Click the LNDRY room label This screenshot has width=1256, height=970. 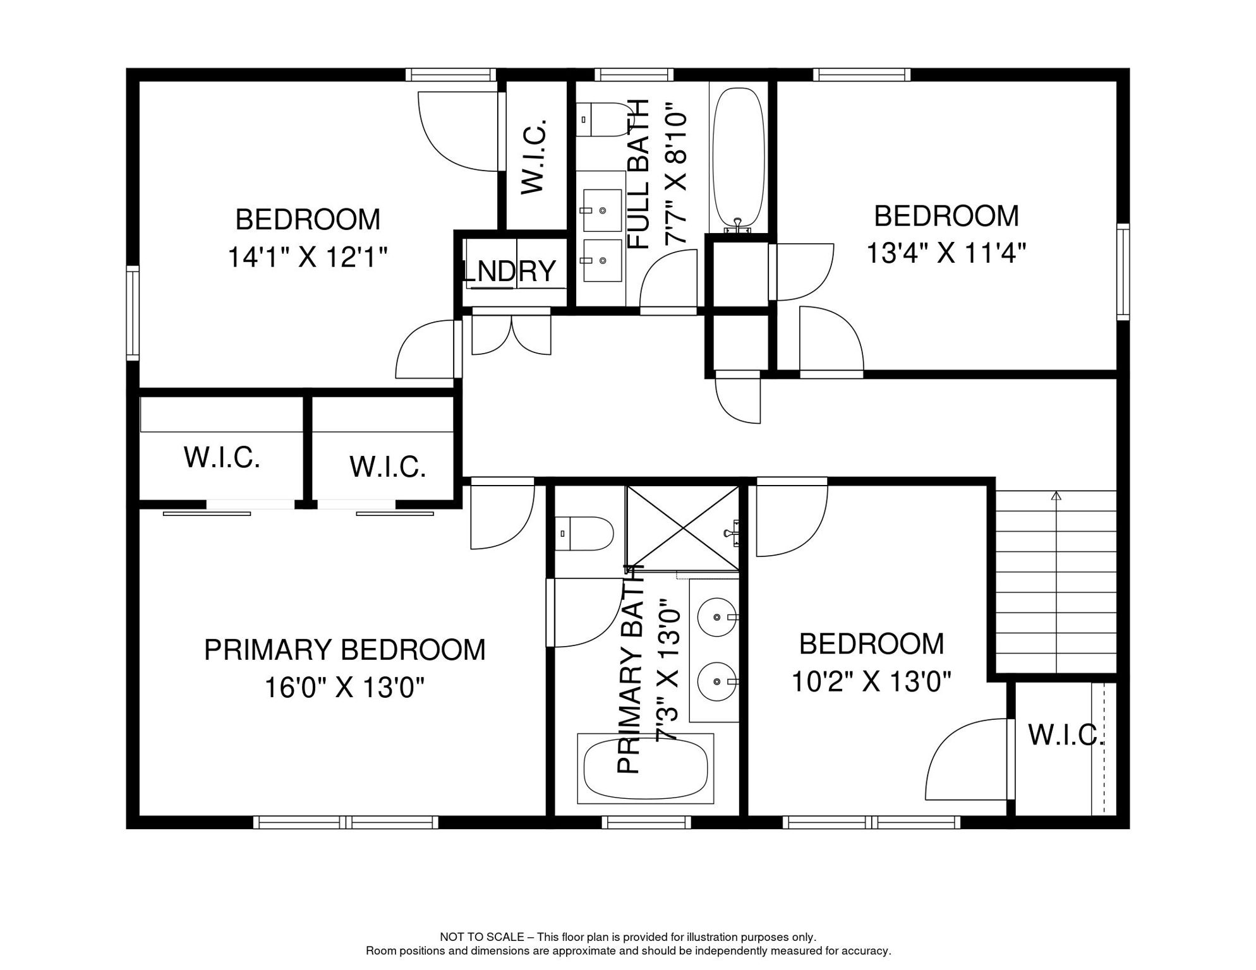510,271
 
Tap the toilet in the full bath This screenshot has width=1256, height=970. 602,119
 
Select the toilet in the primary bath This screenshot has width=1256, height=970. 584,534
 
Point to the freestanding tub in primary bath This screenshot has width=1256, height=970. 645,769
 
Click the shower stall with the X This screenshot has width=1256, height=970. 682,528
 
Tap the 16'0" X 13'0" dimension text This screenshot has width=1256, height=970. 344,688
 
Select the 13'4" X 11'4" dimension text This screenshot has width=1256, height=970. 946,254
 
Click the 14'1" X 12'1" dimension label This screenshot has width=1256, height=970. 308,258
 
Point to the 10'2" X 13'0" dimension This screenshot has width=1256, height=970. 871,682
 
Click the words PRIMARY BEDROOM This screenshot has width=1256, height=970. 345,650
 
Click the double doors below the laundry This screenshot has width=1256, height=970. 512,335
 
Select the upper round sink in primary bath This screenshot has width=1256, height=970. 718,616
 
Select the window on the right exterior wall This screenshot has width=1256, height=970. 1123,272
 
